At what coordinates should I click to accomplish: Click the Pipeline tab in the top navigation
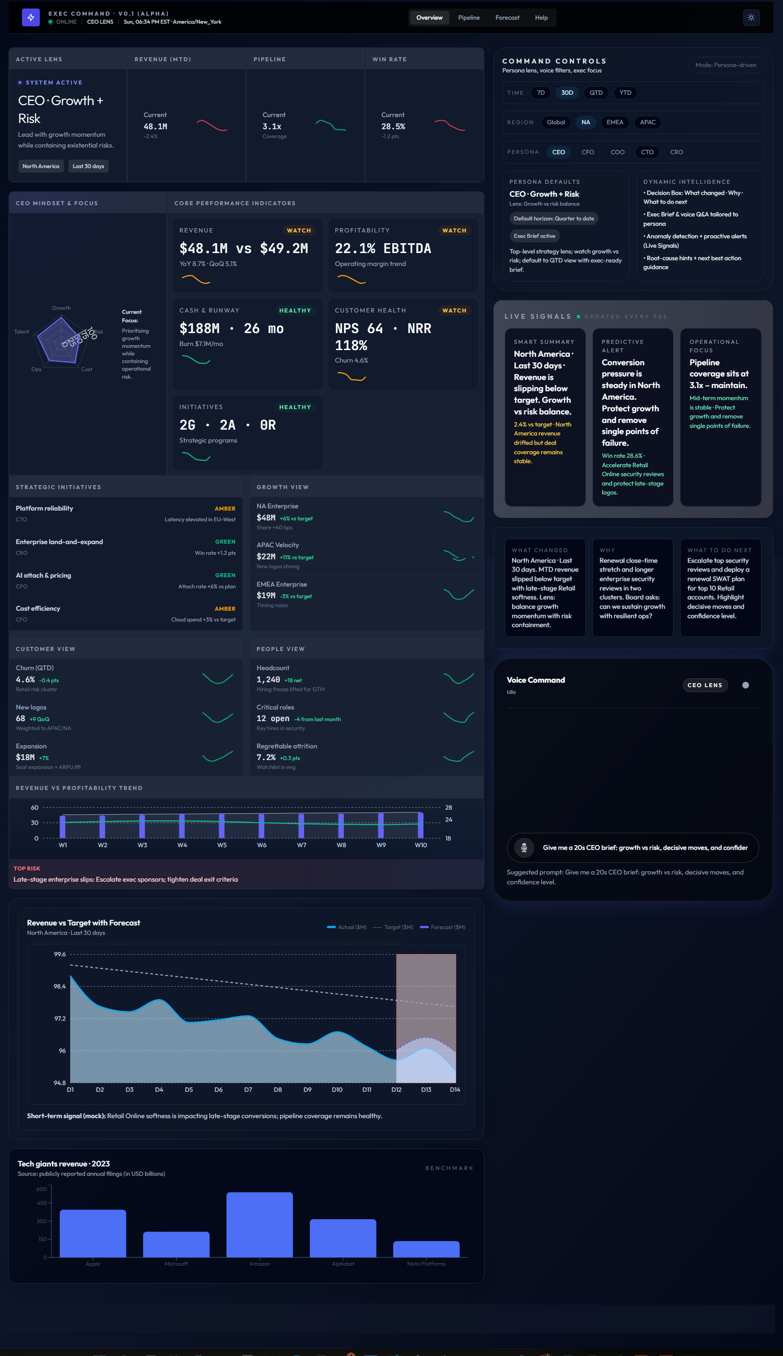point(468,18)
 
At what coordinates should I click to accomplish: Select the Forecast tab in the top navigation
point(507,18)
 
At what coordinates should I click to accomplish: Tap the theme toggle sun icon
point(751,18)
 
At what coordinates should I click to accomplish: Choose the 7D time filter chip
point(541,93)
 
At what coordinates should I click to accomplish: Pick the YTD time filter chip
point(625,93)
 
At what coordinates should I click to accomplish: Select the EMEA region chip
point(615,123)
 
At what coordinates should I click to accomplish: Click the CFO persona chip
point(587,152)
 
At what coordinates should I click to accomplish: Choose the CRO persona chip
point(676,152)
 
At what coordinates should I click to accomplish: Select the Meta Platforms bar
point(426,1249)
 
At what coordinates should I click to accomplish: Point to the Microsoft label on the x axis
point(176,1264)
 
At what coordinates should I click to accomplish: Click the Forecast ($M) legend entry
point(443,927)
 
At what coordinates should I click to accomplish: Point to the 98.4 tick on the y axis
point(59,987)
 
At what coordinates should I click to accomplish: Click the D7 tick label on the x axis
point(248,1090)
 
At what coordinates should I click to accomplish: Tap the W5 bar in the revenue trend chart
point(221,826)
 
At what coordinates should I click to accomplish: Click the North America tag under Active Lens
point(41,166)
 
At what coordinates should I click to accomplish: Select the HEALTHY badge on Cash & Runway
point(295,311)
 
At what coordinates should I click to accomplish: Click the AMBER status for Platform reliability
point(225,509)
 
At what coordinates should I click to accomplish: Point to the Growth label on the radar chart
point(61,308)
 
